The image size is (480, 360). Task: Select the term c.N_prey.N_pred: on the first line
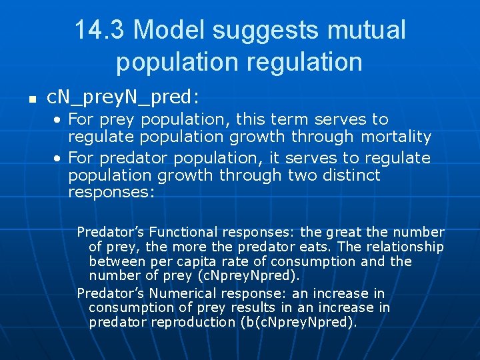(x=123, y=98)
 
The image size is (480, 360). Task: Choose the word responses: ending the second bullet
(x=111, y=193)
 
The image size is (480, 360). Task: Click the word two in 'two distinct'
(x=303, y=175)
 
